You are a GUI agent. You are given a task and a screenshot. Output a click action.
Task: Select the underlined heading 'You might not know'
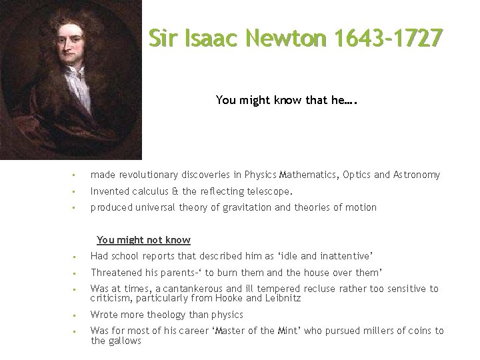pos(143,240)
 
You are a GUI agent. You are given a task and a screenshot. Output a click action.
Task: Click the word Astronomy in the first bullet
pos(416,175)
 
